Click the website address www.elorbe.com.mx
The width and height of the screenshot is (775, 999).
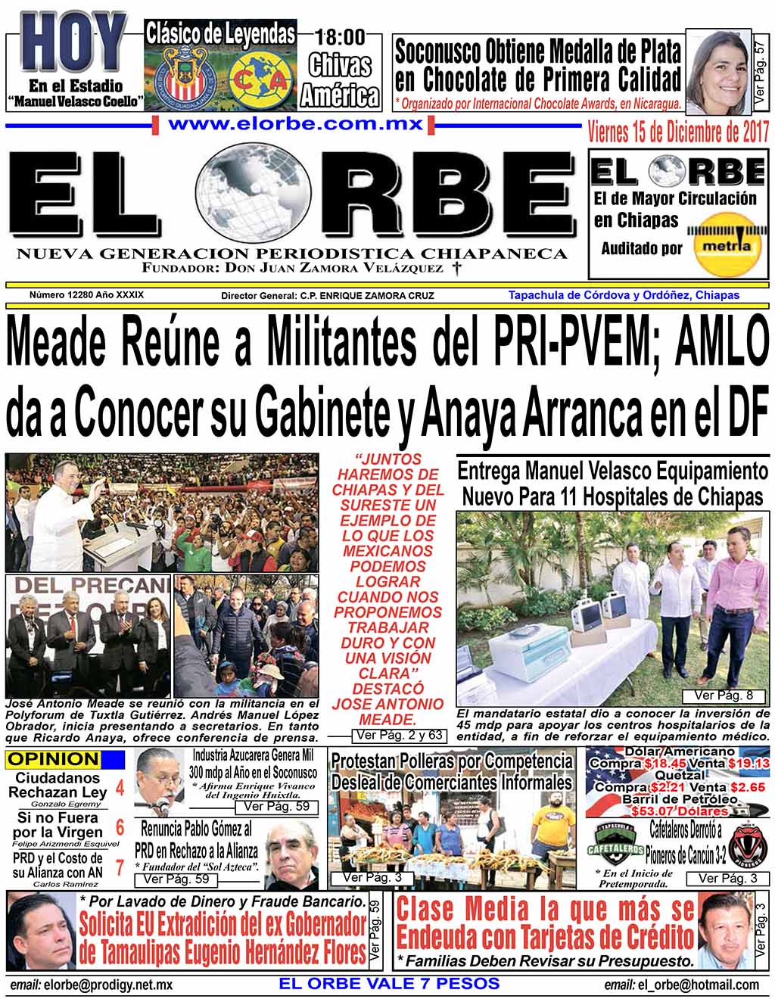coord(295,124)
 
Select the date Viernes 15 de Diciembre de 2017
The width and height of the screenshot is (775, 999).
coord(678,132)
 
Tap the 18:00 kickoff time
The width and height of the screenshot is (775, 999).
coord(340,36)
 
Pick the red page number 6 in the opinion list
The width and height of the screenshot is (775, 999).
coord(120,826)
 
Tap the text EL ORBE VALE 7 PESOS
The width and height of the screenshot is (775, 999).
coord(389,984)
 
